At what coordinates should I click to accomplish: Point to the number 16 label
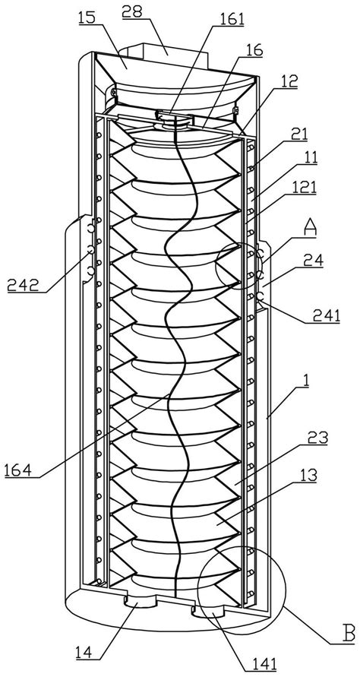coord(255,50)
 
